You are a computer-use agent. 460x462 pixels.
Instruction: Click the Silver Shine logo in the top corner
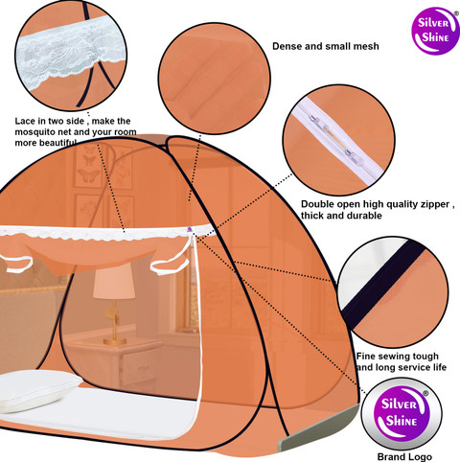coord(435,31)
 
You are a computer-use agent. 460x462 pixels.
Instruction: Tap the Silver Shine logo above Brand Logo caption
coord(402,414)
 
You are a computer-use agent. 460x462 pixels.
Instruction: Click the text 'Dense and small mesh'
coord(326,46)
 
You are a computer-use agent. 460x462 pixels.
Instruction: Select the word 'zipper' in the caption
coord(435,204)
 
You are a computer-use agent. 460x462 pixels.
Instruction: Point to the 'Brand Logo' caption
coord(404,457)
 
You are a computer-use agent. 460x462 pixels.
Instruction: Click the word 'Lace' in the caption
coord(25,121)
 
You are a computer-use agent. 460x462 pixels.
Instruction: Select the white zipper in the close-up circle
coord(338,142)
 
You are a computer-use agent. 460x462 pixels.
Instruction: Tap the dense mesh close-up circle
coord(215,78)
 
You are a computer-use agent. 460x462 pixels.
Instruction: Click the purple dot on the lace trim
coord(190,229)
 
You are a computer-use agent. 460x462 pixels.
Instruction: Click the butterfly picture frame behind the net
coord(88,167)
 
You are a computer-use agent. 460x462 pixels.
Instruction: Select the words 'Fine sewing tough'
coord(398,356)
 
